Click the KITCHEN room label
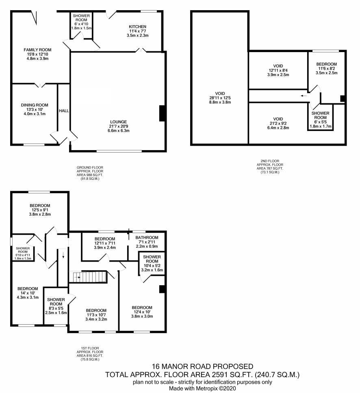137,26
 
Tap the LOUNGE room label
118,122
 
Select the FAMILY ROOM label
37,50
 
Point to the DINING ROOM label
35,105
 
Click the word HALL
64,111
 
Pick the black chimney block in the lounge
162,113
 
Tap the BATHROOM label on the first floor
147,237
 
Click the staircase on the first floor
90,277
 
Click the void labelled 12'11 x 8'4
278,70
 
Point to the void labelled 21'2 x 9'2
278,123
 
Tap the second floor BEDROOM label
326,64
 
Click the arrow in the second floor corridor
304,96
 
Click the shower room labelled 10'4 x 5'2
152,263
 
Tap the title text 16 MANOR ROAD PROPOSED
202,367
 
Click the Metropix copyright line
202,389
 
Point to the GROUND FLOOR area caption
90,173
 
